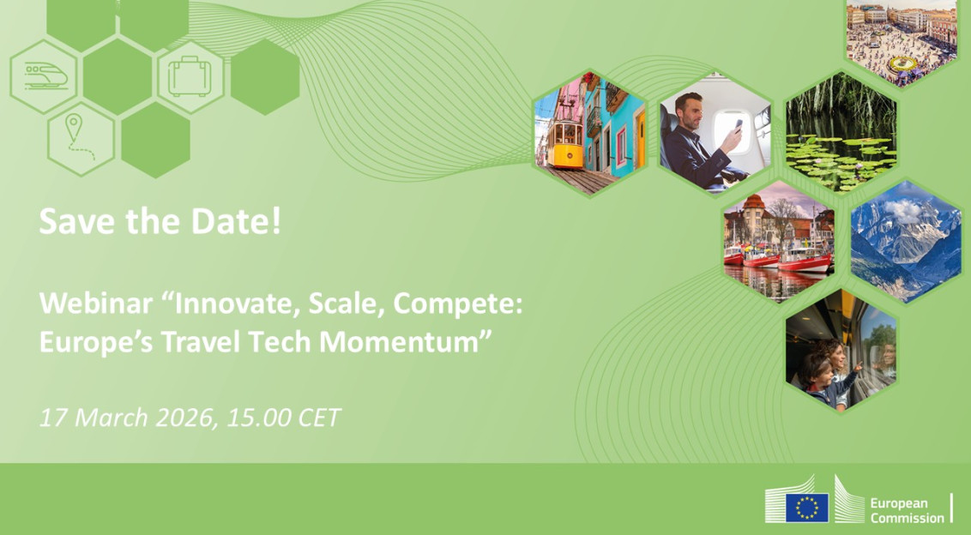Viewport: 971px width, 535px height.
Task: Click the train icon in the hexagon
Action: click(x=42, y=76)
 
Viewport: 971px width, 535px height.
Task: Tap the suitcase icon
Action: click(x=190, y=76)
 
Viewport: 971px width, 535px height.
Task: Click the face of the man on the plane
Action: click(x=689, y=112)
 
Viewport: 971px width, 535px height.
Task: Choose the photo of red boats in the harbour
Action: click(x=778, y=243)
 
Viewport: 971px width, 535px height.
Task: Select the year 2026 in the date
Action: click(x=182, y=418)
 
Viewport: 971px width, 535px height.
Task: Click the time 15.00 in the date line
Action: click(x=259, y=418)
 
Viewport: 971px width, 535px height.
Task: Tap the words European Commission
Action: click(x=906, y=510)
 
